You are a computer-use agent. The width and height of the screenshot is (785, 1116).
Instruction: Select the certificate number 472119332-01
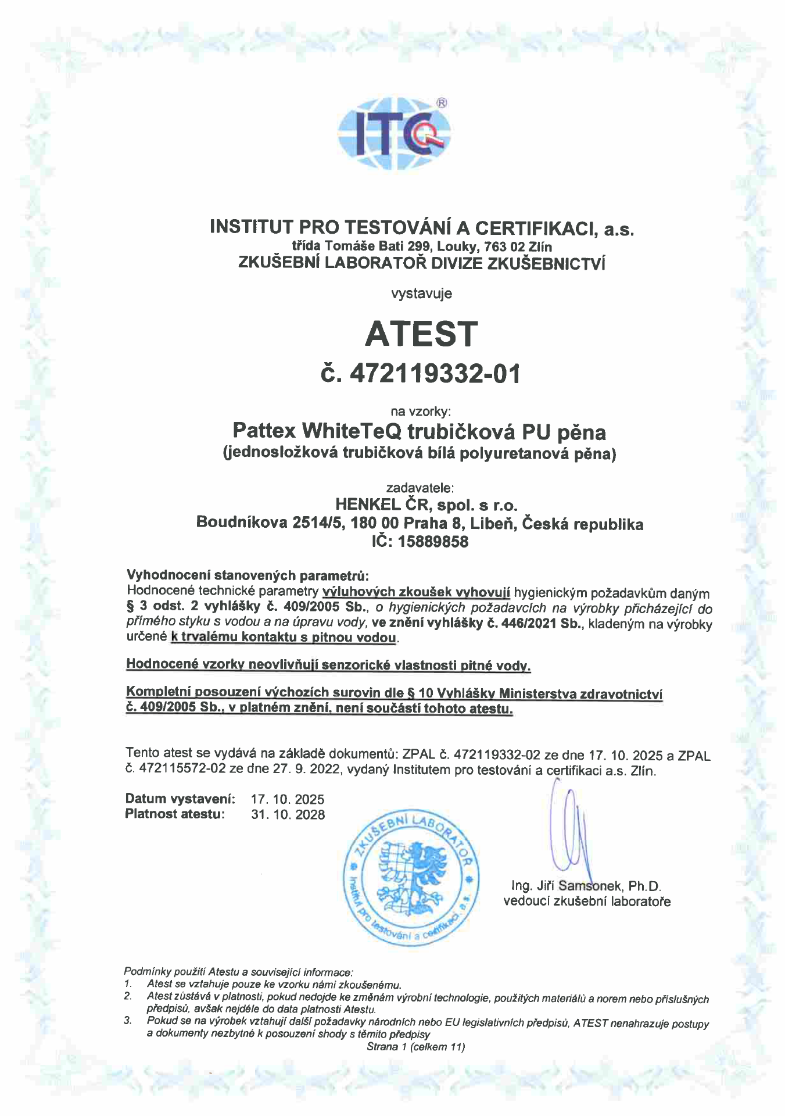coord(435,374)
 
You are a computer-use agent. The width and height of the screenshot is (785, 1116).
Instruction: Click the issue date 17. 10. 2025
coord(288,799)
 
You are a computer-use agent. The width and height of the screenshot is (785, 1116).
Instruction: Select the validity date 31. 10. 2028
coord(288,814)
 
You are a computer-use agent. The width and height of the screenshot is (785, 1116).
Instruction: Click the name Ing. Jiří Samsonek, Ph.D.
coord(586,886)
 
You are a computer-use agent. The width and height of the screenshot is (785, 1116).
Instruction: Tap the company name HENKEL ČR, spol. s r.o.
coord(426,504)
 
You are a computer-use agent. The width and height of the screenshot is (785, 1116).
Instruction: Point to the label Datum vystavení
coord(180,799)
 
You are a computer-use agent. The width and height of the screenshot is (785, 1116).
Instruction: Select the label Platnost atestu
coord(174,814)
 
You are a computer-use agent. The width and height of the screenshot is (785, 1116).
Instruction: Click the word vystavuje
coord(422,294)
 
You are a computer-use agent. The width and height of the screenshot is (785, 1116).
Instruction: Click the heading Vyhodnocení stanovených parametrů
coord(248,575)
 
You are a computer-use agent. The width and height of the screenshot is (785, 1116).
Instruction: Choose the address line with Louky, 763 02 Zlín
coord(422,246)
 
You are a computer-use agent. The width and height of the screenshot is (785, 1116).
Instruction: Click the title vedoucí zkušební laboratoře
coord(587,902)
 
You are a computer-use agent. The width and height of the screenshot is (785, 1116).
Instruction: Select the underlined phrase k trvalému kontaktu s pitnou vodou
coord(284,638)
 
